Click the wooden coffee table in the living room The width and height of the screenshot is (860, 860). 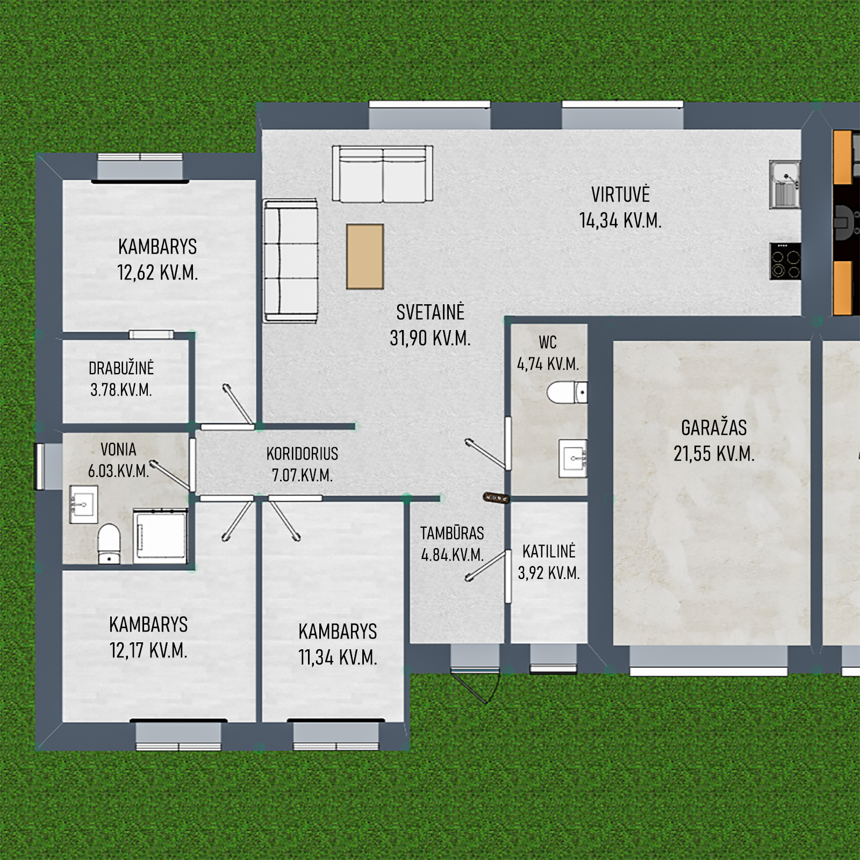pyautogui.click(x=365, y=256)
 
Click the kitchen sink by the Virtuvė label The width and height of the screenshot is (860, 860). pyautogui.click(x=785, y=184)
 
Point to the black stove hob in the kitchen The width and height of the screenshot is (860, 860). pyautogui.click(x=785, y=261)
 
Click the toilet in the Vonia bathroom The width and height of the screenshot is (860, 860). pyautogui.click(x=109, y=544)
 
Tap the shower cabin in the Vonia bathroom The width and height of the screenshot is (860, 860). pyautogui.click(x=160, y=536)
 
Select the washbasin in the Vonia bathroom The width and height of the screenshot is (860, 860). pyautogui.click(x=84, y=504)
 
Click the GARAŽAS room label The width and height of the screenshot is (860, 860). pyautogui.click(x=714, y=428)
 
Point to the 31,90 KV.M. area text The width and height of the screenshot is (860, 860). pyautogui.click(x=430, y=338)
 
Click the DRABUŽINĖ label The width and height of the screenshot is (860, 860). pyautogui.click(x=121, y=368)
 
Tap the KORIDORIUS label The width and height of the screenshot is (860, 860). pyautogui.click(x=302, y=454)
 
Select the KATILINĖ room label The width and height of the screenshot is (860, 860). pyautogui.click(x=549, y=551)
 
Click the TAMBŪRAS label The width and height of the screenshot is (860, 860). pyautogui.click(x=452, y=533)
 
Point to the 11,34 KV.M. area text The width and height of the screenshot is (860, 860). pyautogui.click(x=338, y=657)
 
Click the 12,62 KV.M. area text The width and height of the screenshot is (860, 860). pyautogui.click(x=157, y=273)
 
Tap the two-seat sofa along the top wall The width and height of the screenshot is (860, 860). pyautogui.click(x=382, y=174)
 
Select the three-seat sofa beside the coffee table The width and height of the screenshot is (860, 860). pyautogui.click(x=290, y=261)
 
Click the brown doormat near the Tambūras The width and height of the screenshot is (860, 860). pyautogui.click(x=496, y=498)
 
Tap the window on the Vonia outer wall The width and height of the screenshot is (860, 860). pyautogui.click(x=41, y=466)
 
